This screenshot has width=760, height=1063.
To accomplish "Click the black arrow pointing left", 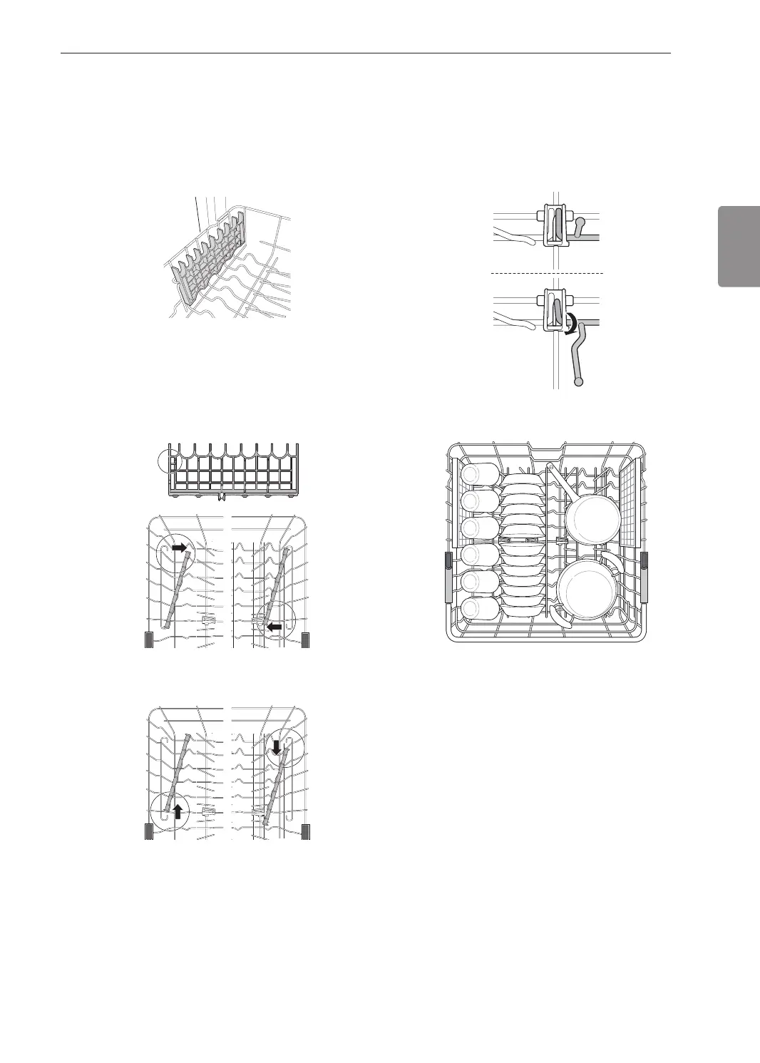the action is [x=274, y=627].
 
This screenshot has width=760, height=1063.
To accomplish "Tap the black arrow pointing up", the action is [x=178, y=810].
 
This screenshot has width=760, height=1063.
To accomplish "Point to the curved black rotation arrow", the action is [x=569, y=320].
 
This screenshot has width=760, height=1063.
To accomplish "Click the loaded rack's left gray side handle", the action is [x=448, y=576].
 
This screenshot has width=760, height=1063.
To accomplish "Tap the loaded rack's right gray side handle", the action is [x=645, y=576].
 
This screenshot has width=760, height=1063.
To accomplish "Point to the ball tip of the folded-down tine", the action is [x=578, y=382].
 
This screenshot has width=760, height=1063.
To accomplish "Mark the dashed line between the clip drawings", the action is [x=547, y=273].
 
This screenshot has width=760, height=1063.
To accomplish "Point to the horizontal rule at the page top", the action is [x=365, y=53].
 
